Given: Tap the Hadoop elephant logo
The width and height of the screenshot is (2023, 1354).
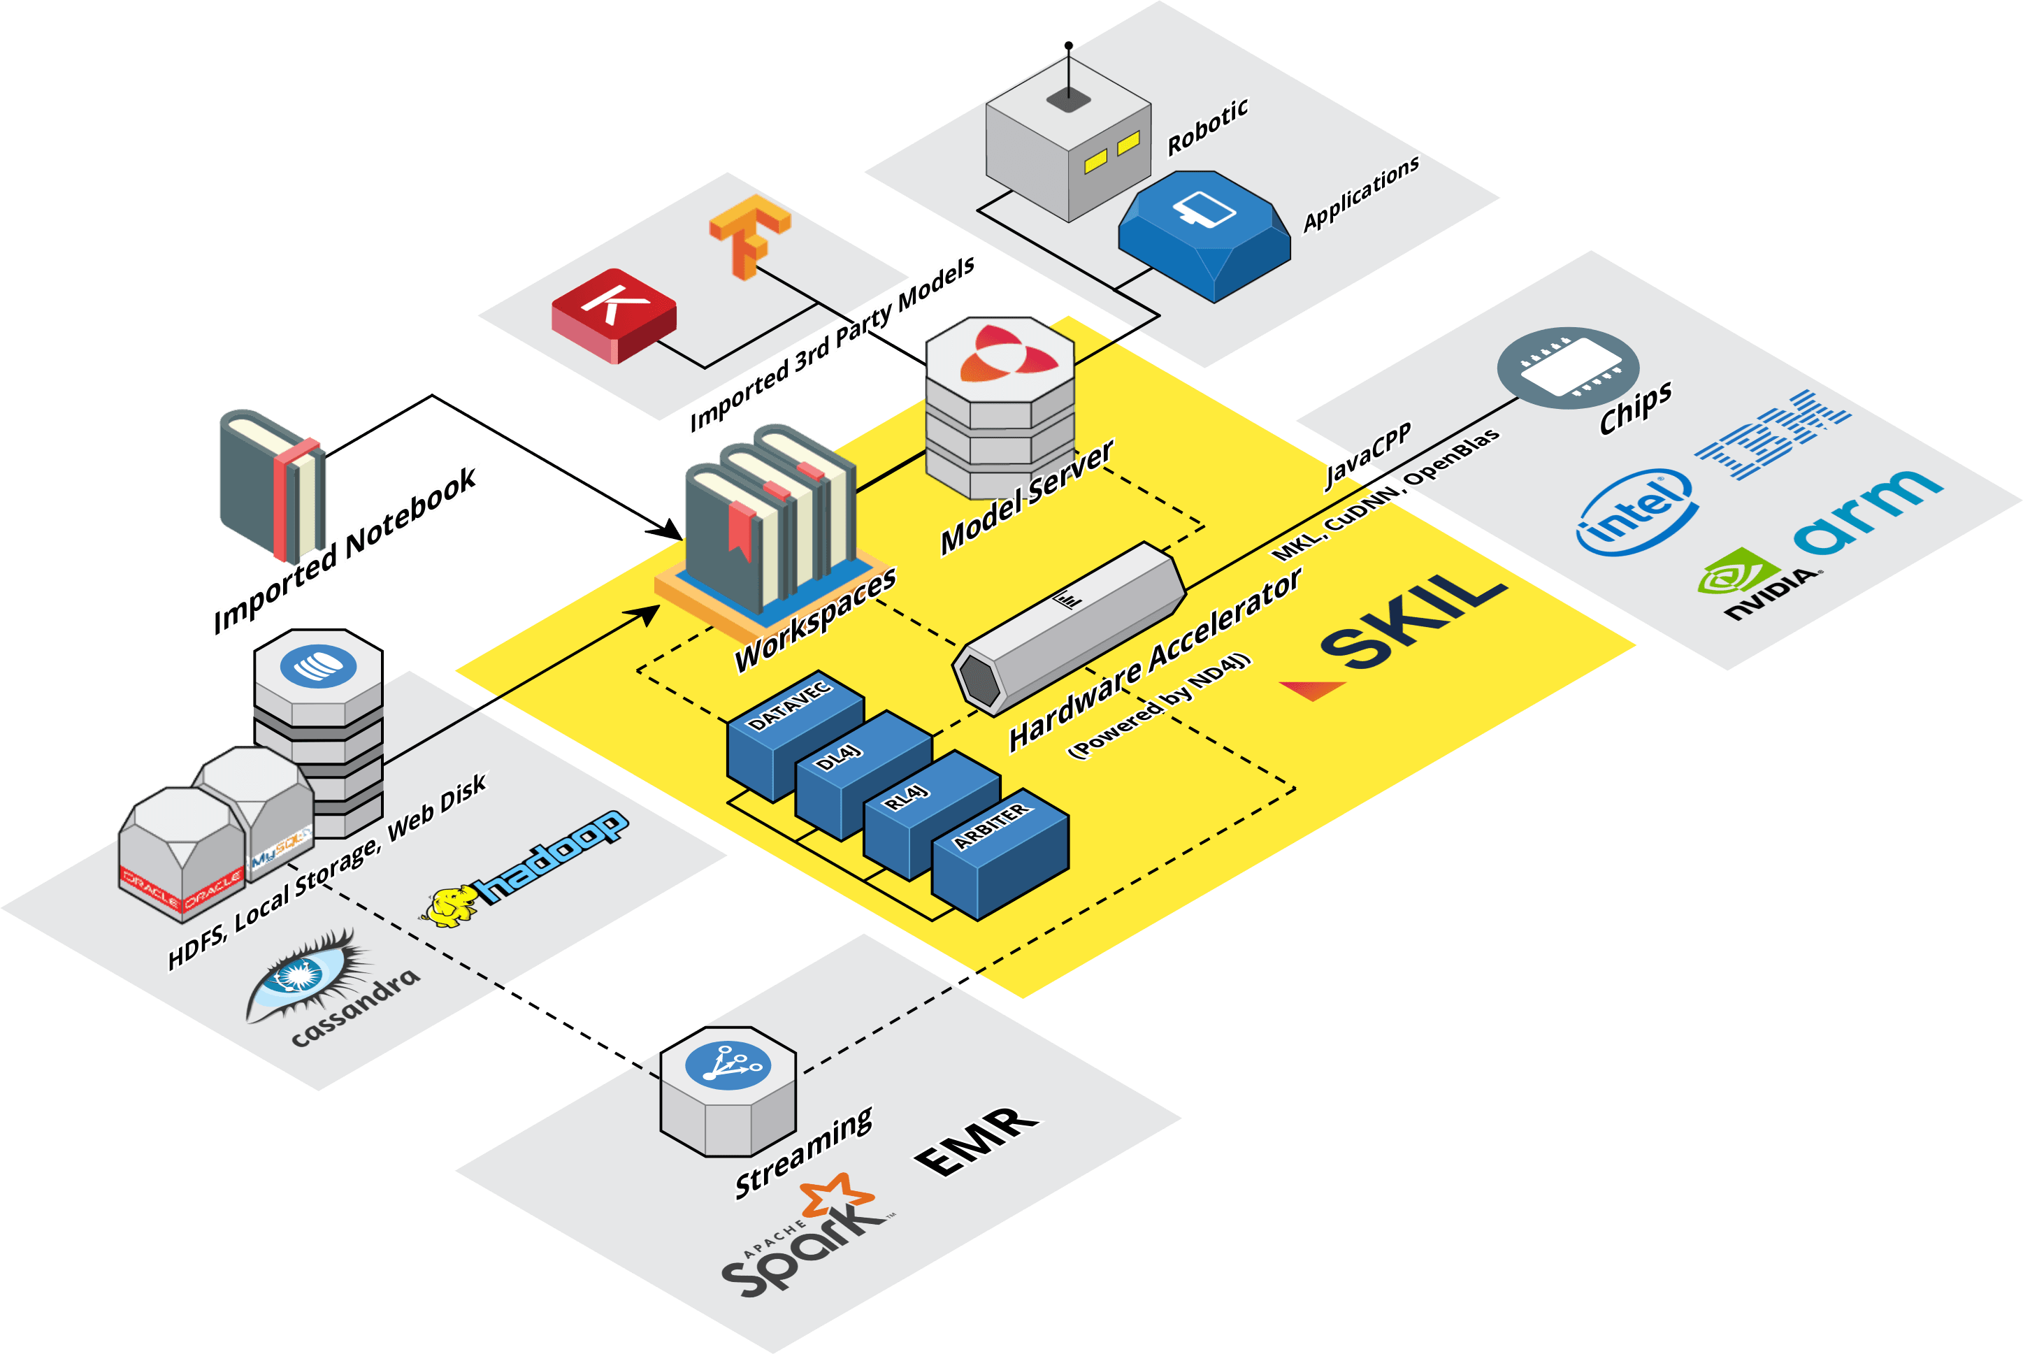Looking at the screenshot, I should point(451,907).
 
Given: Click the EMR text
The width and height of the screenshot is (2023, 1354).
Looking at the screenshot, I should point(977,1141).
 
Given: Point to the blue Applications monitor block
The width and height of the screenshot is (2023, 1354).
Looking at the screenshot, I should point(1204,233).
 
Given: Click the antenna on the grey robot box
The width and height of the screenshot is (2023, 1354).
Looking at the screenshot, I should point(1069,73).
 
